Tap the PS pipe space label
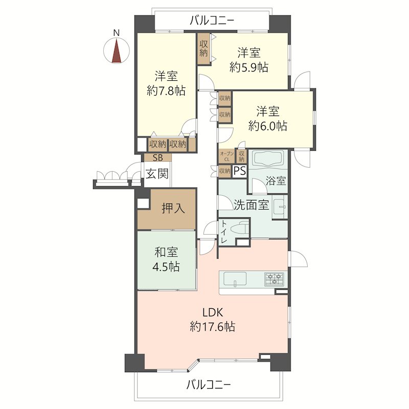[x=239, y=171]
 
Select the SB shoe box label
[x=157, y=157]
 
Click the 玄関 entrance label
[x=157, y=174]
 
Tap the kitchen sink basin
[x=235, y=279]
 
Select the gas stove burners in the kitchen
[x=275, y=279]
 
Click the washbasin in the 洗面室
[x=280, y=207]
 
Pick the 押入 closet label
[x=173, y=208]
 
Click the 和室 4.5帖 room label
[x=166, y=260]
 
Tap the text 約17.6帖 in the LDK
[x=213, y=326]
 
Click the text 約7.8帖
[x=166, y=91]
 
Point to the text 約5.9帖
[x=249, y=67]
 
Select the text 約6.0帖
[x=268, y=126]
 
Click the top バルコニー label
[x=212, y=20]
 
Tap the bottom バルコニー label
[x=209, y=384]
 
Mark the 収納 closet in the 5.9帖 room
[x=203, y=49]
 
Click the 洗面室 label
[x=251, y=205]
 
